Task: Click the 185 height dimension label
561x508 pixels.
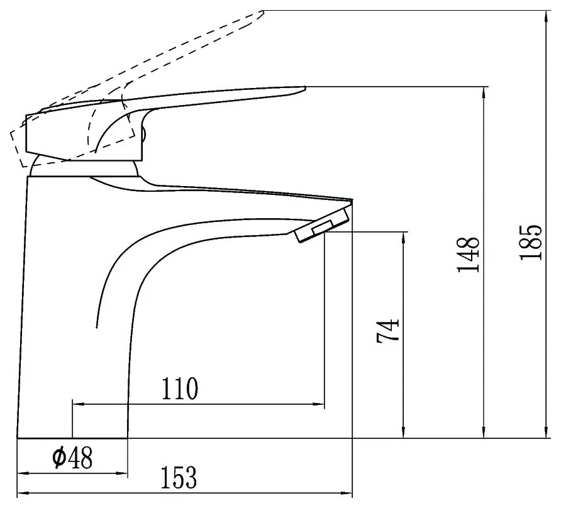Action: click(531, 242)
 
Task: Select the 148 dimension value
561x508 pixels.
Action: click(468, 255)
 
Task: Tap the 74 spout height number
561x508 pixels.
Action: click(387, 331)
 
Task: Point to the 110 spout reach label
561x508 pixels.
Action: click(180, 389)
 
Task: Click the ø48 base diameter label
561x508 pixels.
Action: click(72, 457)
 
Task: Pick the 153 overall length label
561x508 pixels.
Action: click(179, 478)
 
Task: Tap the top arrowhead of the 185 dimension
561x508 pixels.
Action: click(546, 16)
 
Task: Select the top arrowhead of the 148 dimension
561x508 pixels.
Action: click(484, 92)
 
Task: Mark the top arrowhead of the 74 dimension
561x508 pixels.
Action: click(404, 238)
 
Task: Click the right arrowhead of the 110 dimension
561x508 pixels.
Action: click(318, 404)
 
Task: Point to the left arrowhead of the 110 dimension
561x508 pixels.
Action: click(79, 404)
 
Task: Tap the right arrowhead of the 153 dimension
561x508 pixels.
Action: click(347, 494)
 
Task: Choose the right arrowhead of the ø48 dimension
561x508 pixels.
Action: click(121, 473)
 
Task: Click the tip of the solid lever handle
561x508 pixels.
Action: click(305, 87)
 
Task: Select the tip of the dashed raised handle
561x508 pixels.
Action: click(264, 12)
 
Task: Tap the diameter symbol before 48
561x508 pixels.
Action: click(59, 457)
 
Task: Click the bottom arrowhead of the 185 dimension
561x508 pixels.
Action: click(546, 432)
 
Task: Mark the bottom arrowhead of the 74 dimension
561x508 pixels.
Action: click(404, 432)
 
